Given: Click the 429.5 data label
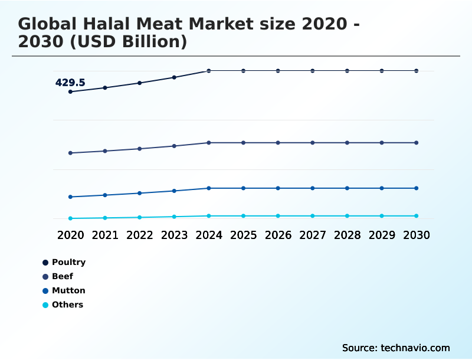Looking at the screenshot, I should coord(70,83).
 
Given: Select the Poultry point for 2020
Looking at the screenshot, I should coord(70,91).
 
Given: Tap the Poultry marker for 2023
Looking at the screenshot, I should coord(174,77).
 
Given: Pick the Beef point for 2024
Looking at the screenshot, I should coord(209,143).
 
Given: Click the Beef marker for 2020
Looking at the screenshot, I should coord(70,153).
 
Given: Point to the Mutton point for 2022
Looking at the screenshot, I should coord(140,193).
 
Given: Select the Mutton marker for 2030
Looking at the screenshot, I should coord(417,188).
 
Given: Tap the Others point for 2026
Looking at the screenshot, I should coord(278,216).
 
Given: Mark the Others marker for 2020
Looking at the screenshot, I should coord(70,218).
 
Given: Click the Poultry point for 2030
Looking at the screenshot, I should coord(417,71).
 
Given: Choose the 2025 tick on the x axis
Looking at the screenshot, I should coord(243,235).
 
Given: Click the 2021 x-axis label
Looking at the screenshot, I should coord(105,235).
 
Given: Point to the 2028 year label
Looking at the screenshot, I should coord(347,235).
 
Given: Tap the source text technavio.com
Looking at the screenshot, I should coord(415,348).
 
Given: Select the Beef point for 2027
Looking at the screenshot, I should coord(313,143).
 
